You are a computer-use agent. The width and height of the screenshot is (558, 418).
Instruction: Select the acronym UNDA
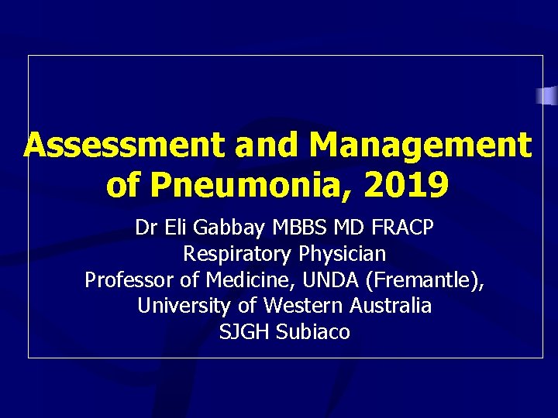pos(312,279)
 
